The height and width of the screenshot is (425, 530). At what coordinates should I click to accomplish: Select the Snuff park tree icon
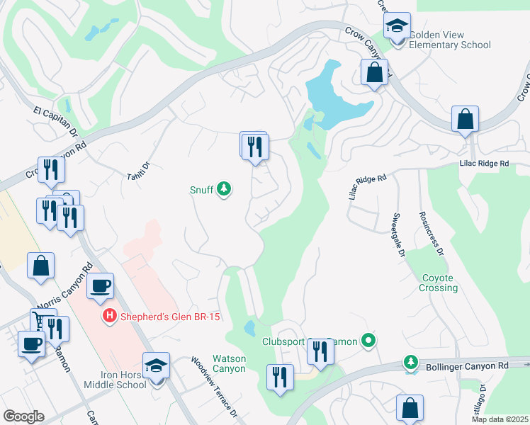(224, 189)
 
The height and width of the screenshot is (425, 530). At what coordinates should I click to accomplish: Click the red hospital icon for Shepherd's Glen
(109, 315)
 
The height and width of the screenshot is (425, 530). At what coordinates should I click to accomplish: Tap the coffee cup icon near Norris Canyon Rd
(100, 286)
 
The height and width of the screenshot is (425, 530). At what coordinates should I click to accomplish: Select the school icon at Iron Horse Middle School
(156, 366)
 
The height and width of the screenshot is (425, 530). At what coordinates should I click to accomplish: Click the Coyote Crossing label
(439, 283)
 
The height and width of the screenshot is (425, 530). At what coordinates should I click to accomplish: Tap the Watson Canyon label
(229, 364)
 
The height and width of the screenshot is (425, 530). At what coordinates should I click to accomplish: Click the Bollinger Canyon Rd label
(468, 365)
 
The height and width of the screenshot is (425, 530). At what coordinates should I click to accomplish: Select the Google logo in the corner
(23, 416)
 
